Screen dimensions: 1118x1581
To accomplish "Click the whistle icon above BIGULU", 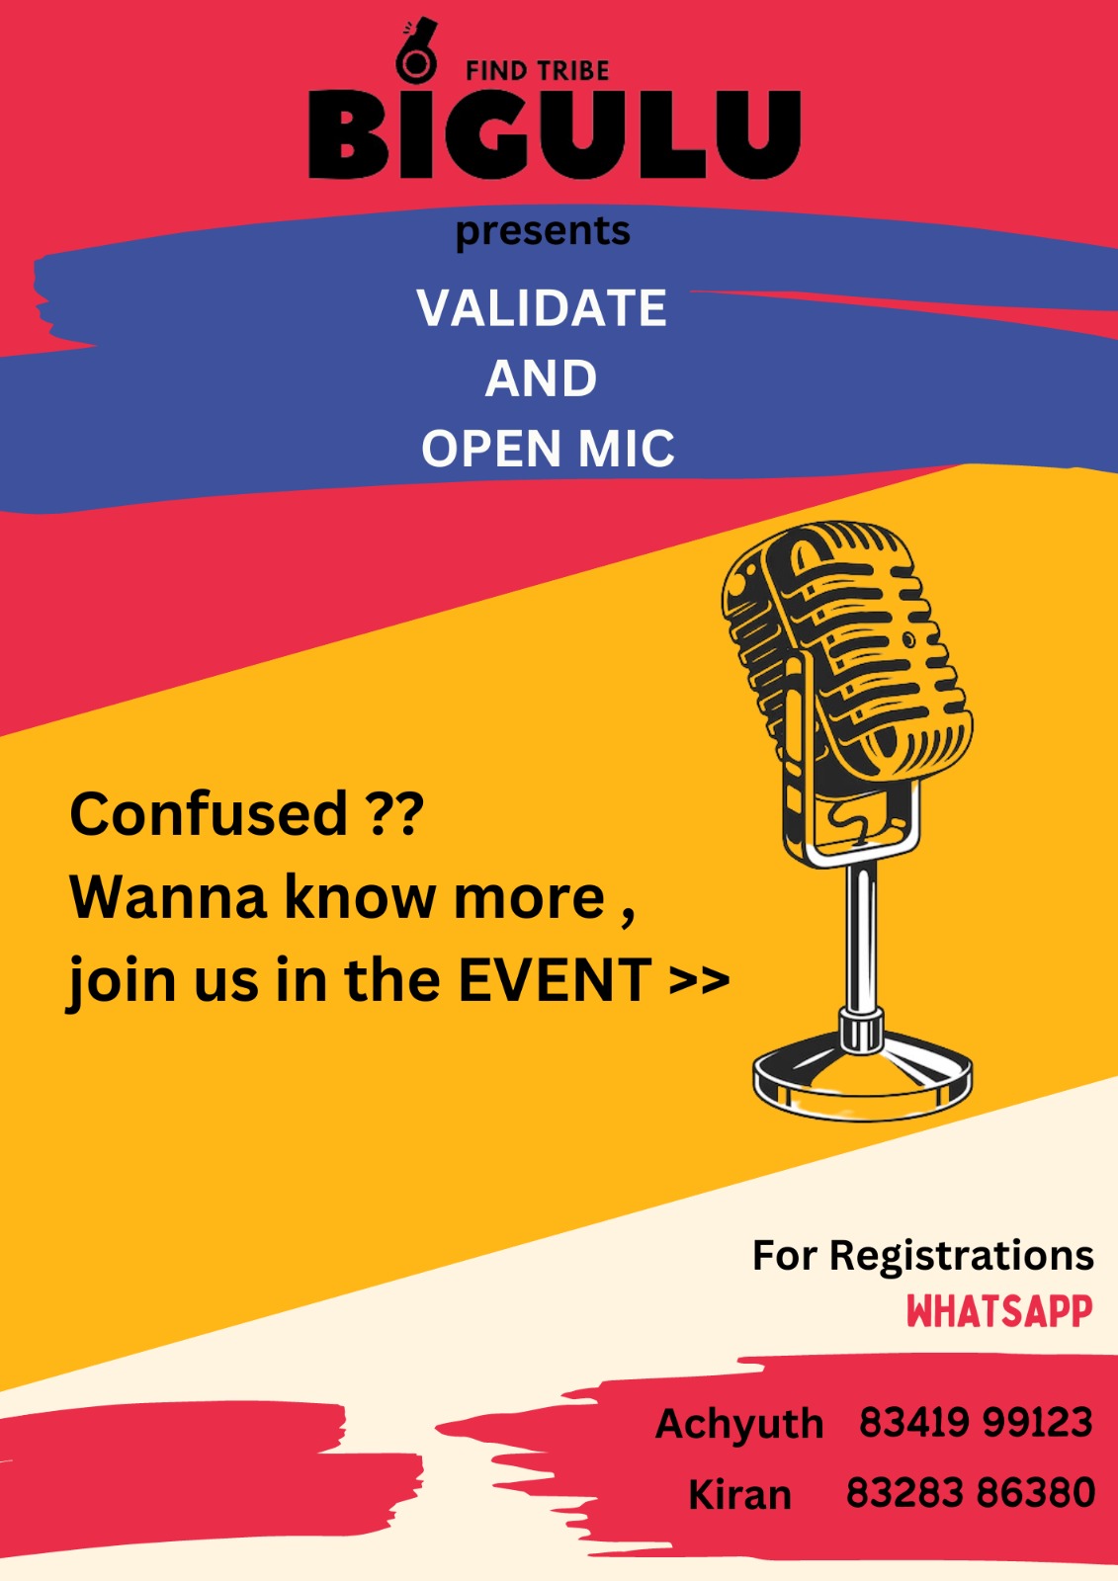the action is point(417,52).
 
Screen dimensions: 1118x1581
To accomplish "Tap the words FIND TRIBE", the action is point(538,71).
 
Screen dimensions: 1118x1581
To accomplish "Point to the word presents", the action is point(543,232).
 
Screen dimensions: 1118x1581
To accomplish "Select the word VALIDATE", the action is point(542,307).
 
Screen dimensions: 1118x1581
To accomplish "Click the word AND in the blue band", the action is point(541,378).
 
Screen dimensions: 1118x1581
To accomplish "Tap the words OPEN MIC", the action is point(548,449).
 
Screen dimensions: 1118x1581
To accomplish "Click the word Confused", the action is point(209,814).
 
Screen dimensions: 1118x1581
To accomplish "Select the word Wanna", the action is point(168,898).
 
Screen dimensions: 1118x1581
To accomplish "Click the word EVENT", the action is point(556,980).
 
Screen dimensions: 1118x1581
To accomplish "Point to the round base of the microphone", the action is point(862,1076).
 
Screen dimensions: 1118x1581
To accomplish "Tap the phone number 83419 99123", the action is point(976,1422).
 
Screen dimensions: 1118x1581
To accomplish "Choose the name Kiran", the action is point(740,1495).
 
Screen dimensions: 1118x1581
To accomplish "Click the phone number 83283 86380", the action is point(971,1493).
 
